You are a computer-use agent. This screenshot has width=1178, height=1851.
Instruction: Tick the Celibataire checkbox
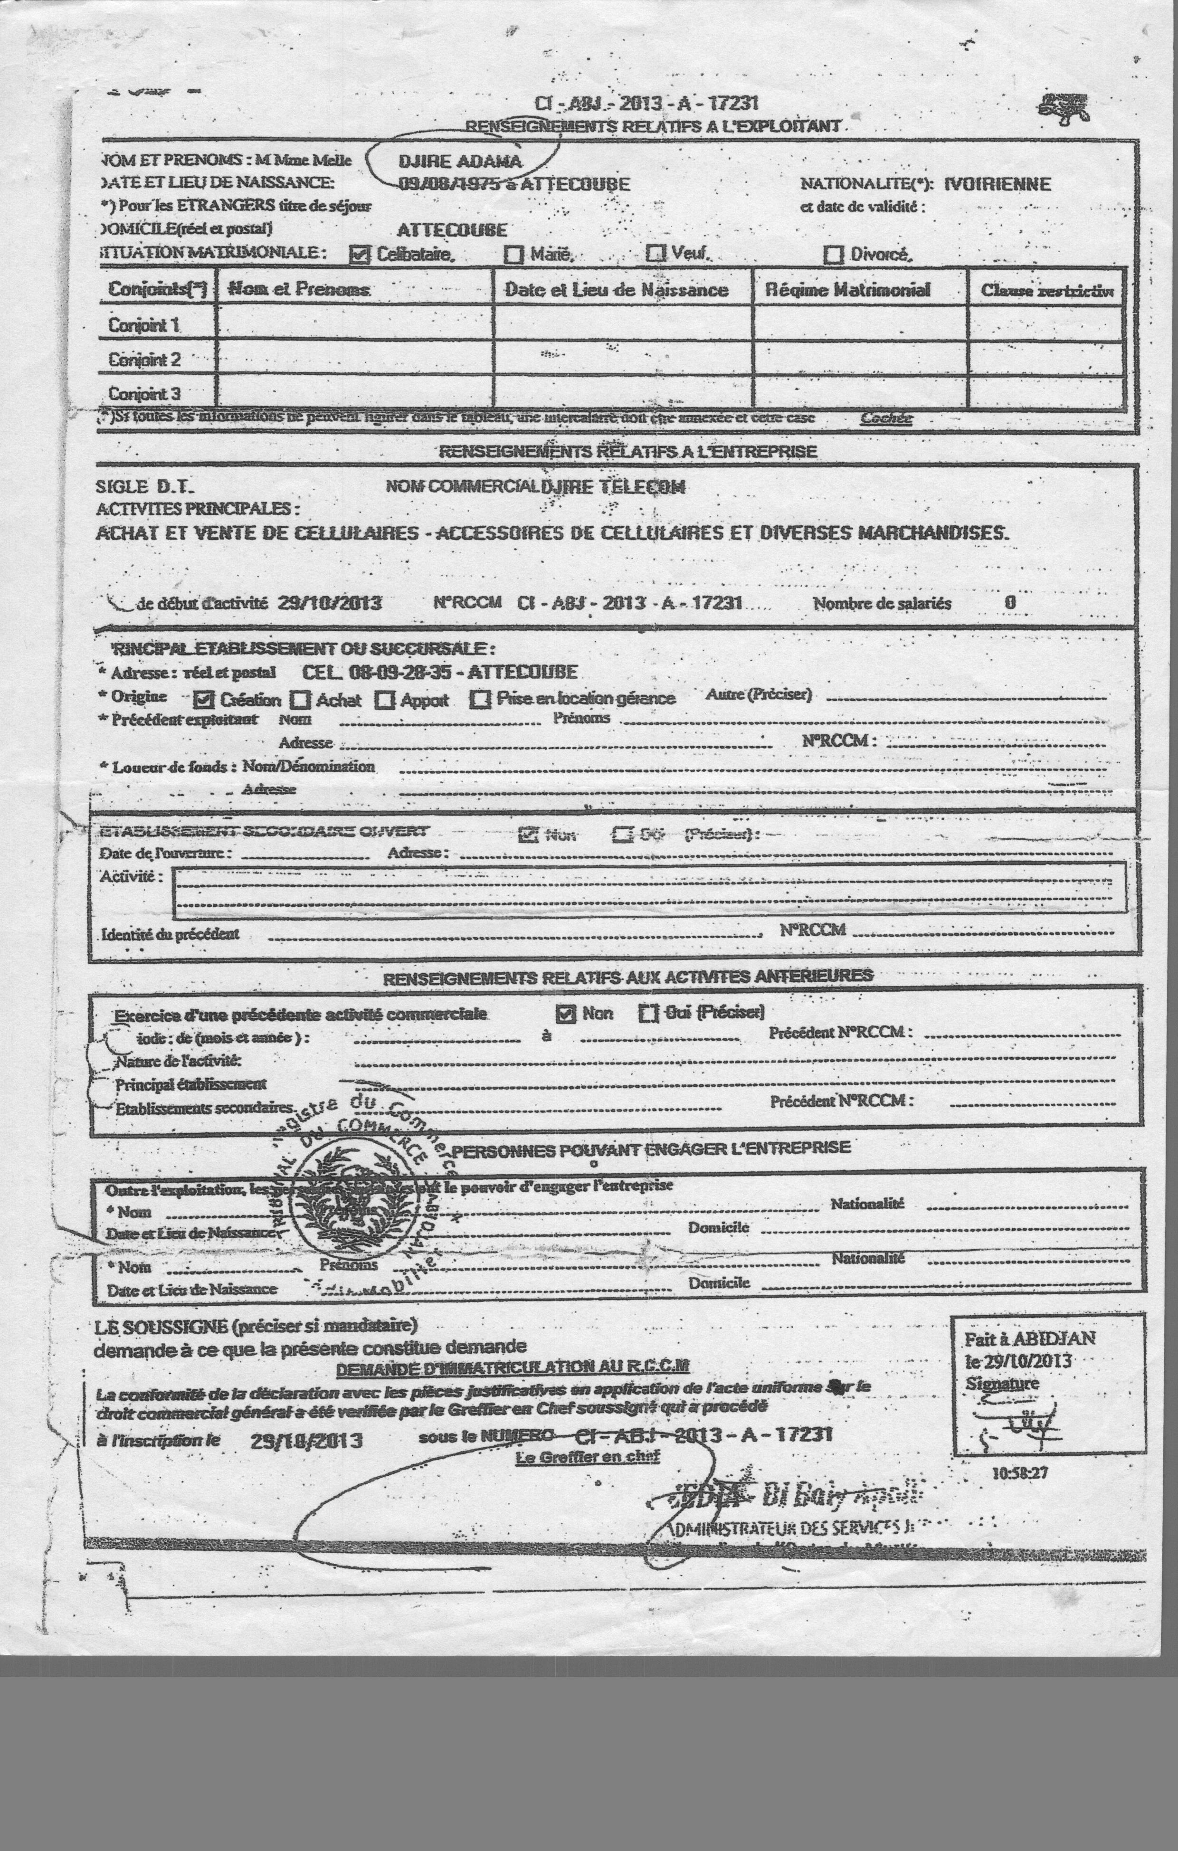(359, 255)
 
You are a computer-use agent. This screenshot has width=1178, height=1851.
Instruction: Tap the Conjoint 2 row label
(144, 359)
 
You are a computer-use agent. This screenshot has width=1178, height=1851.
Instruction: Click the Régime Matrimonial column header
(847, 290)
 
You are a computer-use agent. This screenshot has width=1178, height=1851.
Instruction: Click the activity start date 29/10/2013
(329, 603)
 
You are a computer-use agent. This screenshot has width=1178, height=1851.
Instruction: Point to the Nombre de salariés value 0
(1009, 603)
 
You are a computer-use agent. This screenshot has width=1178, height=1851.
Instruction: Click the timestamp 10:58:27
(1020, 1473)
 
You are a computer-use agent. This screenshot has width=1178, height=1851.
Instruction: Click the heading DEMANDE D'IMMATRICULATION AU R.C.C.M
(512, 1366)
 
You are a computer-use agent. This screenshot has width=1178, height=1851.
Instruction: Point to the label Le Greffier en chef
(588, 1456)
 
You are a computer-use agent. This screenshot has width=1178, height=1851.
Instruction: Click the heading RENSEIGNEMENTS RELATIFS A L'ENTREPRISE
(627, 451)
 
